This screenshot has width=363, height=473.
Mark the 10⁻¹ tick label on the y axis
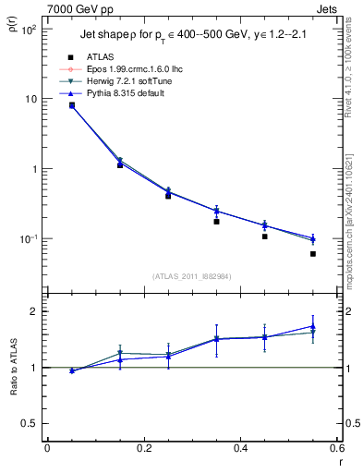(x=28, y=239)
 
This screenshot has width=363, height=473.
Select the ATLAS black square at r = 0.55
(x=313, y=254)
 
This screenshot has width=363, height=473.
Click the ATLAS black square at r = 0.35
(x=216, y=222)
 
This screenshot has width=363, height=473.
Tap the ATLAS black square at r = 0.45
(x=264, y=236)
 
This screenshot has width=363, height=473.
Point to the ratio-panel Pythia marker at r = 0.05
(x=72, y=370)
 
